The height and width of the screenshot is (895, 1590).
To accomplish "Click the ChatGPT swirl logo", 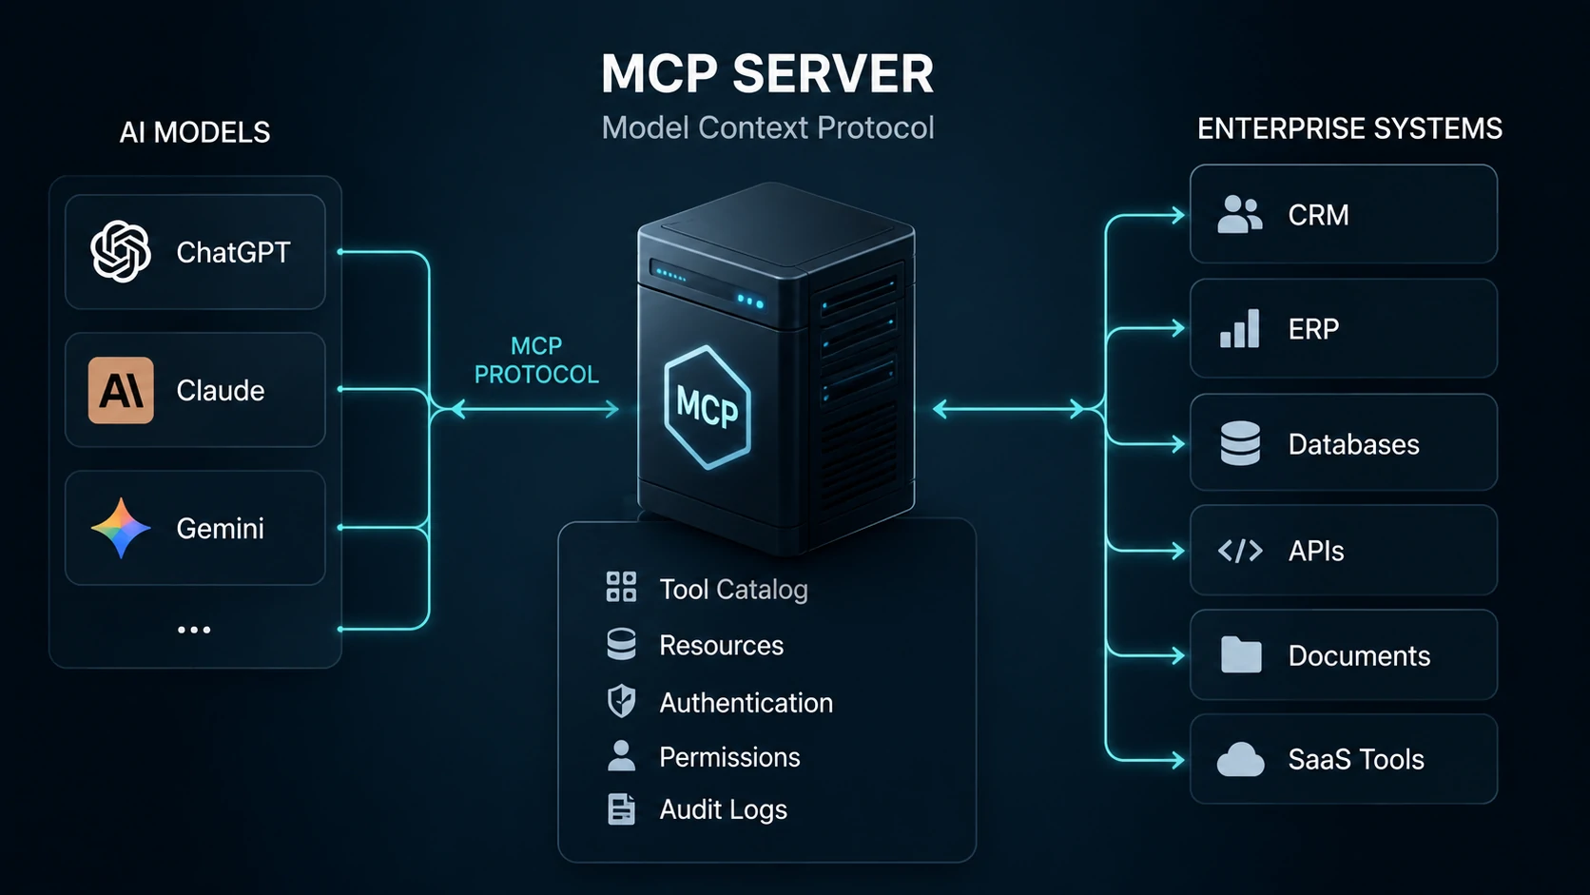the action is pyautogui.click(x=121, y=252).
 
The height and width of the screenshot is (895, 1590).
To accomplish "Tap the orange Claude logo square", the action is pyautogui.click(x=121, y=390).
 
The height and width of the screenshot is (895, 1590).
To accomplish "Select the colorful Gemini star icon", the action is pyautogui.click(x=121, y=528).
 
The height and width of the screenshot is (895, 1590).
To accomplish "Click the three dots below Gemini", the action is pyautogui.click(x=194, y=630).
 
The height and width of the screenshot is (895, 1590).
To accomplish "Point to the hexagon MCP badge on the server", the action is pyautogui.click(x=707, y=407).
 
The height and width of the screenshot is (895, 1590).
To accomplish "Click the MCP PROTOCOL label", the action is pyautogui.click(x=536, y=360).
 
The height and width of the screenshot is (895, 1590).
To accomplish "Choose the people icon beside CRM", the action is pyautogui.click(x=1239, y=214).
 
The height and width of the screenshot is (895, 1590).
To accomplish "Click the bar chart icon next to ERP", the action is pyautogui.click(x=1239, y=329).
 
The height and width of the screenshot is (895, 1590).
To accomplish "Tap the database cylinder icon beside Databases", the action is pyautogui.click(x=1240, y=443).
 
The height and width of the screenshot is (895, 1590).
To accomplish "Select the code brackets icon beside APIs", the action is pyautogui.click(x=1240, y=551).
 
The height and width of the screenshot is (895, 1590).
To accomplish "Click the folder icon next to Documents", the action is pyautogui.click(x=1241, y=654).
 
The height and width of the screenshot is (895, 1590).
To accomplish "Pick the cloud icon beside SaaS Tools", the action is pyautogui.click(x=1240, y=759).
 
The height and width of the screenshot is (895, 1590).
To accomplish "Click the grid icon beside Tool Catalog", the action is pyautogui.click(x=621, y=588).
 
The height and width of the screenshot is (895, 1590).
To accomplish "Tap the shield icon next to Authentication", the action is pyautogui.click(x=621, y=702).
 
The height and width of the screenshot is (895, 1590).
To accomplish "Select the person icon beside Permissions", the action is pyautogui.click(x=621, y=756).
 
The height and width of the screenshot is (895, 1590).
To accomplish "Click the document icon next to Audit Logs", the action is pyautogui.click(x=621, y=809).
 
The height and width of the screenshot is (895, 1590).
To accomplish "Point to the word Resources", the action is pyautogui.click(x=721, y=646).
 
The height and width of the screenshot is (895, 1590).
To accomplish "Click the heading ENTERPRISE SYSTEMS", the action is pyautogui.click(x=1349, y=129).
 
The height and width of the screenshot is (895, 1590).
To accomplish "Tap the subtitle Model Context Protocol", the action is pyautogui.click(x=767, y=127).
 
